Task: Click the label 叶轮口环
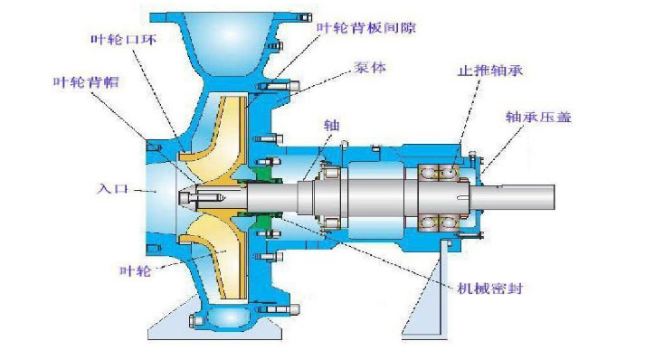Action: click(x=123, y=40)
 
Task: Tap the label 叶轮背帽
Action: click(x=86, y=82)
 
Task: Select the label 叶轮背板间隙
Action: click(x=366, y=27)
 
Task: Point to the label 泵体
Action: click(x=370, y=67)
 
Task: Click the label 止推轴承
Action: click(x=490, y=71)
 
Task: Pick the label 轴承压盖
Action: click(x=538, y=117)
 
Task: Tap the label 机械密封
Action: click(x=490, y=288)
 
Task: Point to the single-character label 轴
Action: click(x=331, y=125)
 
